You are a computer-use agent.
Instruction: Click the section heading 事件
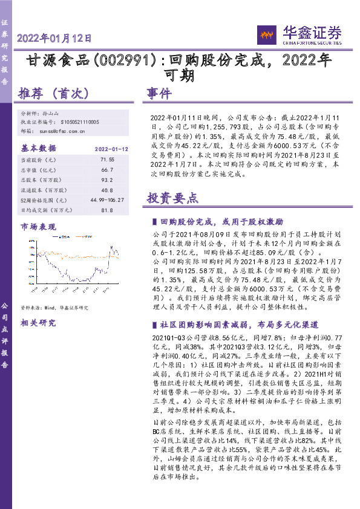point(159,94)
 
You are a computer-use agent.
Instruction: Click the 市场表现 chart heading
point(38,227)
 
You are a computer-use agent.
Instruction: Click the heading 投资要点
point(172,197)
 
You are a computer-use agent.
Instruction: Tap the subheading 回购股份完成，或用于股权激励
point(226,222)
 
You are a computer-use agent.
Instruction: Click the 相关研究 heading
point(38,323)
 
